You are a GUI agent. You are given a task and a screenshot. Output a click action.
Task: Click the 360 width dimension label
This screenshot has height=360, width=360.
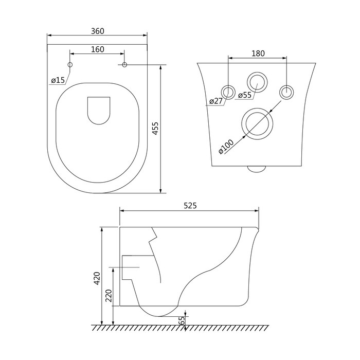tap(98, 31)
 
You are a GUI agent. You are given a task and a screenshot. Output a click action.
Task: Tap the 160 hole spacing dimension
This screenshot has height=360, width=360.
tap(98, 49)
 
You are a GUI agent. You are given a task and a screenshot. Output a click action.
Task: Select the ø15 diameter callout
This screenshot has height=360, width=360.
tap(58, 80)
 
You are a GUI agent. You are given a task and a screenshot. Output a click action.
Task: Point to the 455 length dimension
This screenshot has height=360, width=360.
tap(155, 129)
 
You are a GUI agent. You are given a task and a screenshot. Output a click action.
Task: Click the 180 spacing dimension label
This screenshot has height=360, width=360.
tap(258, 53)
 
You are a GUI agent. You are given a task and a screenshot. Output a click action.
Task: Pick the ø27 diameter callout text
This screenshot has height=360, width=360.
tap(216, 101)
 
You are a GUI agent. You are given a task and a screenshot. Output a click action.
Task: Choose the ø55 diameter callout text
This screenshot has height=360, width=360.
tap(245, 95)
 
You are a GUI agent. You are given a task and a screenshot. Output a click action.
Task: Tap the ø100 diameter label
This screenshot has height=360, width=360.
tap(226, 147)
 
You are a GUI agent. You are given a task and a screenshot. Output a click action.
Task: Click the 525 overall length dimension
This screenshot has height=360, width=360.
tap(190, 206)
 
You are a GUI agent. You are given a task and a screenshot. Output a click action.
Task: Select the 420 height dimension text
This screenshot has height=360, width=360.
tap(97, 278)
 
